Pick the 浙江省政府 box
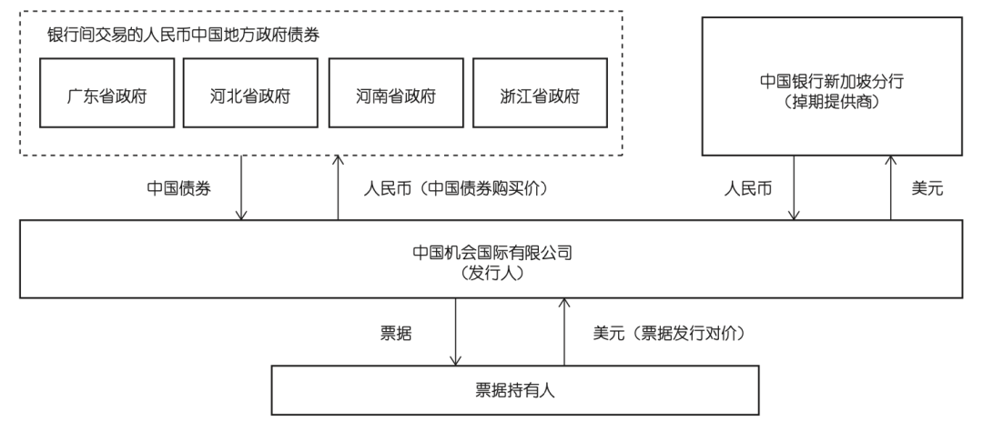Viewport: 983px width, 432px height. pos(541,95)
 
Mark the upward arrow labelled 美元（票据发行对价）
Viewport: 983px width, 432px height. pos(564,332)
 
